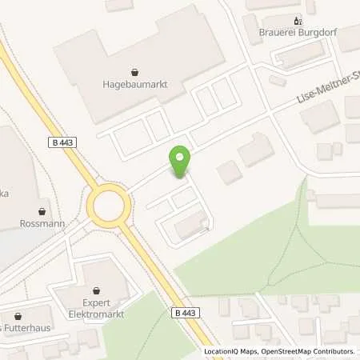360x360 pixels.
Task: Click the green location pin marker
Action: point(181,161)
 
